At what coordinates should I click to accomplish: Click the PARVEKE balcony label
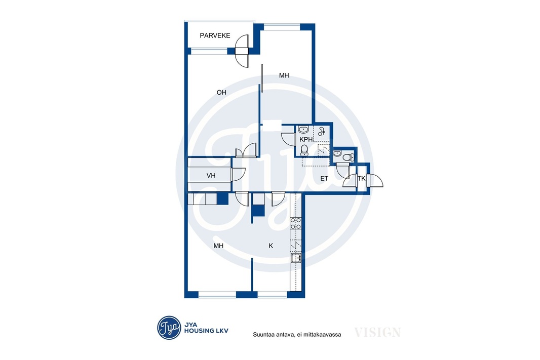click(x=215, y=35)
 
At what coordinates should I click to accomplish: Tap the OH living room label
click(x=221, y=92)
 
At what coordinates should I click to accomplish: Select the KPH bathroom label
click(x=306, y=139)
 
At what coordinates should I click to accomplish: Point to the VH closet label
click(x=211, y=176)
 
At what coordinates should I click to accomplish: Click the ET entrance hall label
click(x=324, y=178)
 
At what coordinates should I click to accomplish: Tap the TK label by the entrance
click(x=361, y=179)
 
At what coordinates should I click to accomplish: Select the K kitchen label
click(x=271, y=246)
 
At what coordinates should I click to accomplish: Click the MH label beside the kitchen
click(x=218, y=246)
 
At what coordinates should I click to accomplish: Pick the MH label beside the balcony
click(x=284, y=75)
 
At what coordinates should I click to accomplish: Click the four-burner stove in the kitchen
click(x=296, y=223)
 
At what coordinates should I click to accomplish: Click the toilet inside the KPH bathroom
click(x=304, y=150)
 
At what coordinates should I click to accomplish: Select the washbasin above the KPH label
click(x=303, y=130)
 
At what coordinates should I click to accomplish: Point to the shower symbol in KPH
click(x=322, y=132)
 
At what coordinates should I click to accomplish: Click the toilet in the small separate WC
click(x=348, y=157)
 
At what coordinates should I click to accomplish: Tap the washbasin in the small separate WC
click(x=337, y=153)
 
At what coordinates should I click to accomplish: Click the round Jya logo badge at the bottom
click(x=169, y=328)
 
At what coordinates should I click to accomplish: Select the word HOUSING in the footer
click(x=199, y=331)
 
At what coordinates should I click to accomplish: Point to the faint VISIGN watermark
click(x=377, y=333)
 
